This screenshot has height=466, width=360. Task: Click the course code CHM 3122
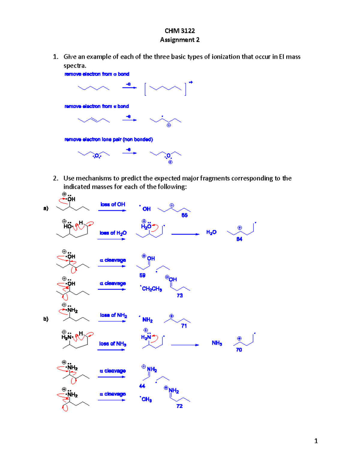click(x=180, y=31)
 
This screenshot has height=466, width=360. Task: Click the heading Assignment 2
click(x=180, y=40)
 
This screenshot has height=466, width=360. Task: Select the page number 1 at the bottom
click(x=316, y=441)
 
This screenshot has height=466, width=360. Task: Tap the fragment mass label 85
click(x=184, y=215)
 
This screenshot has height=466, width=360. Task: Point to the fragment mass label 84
click(x=239, y=239)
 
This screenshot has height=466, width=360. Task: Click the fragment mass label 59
click(x=142, y=275)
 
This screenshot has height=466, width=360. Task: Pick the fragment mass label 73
click(x=180, y=296)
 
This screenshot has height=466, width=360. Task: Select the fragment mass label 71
click(x=184, y=326)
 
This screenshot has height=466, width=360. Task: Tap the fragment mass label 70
click(x=239, y=350)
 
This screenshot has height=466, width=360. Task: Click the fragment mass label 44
click(x=142, y=386)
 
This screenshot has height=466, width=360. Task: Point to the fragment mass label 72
click(x=179, y=406)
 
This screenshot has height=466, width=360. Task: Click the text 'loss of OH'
click(x=113, y=204)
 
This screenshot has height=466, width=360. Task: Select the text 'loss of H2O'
click(x=113, y=233)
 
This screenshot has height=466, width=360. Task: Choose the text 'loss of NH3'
click(x=113, y=344)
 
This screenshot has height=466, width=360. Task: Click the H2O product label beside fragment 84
click(x=211, y=232)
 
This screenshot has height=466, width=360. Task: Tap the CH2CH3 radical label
click(x=151, y=289)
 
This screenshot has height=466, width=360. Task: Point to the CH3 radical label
click(x=146, y=399)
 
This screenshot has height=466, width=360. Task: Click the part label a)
click(x=46, y=208)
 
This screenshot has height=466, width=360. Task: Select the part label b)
click(x=46, y=319)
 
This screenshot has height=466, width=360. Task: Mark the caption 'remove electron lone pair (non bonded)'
click(x=109, y=140)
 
